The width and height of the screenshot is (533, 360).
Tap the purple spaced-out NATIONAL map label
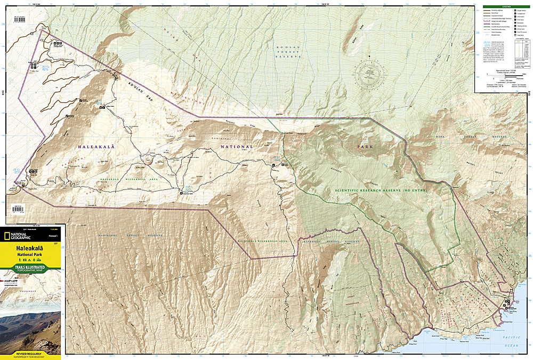pos(238,146)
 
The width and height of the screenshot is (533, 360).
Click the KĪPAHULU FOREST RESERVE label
pos(330,241)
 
